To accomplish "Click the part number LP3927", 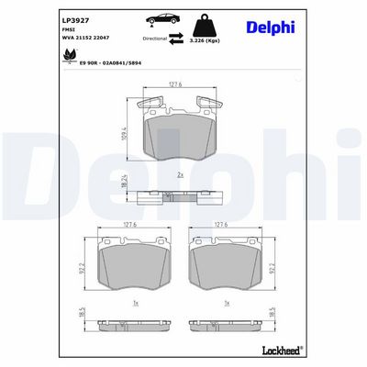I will (75, 19).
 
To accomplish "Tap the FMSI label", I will (69, 30).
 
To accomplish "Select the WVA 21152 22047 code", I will (84, 39).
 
